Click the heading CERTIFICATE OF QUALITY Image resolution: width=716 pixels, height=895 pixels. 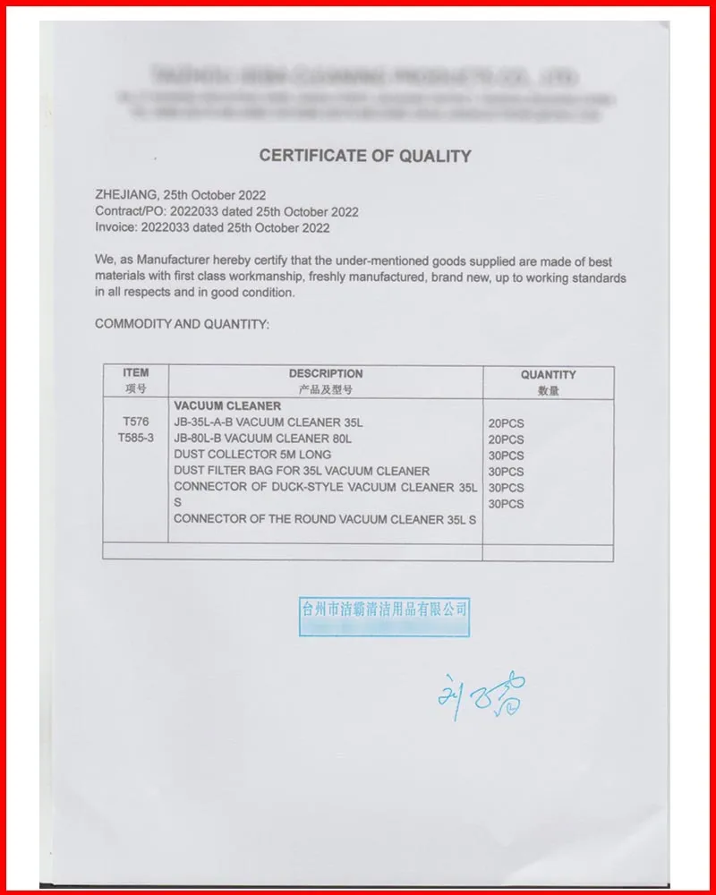click(364, 156)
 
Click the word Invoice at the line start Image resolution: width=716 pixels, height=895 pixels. click(115, 228)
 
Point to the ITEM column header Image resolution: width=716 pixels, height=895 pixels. click(136, 373)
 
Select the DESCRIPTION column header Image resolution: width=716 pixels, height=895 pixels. click(326, 374)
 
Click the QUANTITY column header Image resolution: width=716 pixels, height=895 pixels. click(548, 375)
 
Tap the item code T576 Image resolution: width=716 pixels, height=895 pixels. click(136, 422)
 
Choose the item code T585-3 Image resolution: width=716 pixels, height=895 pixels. click(136, 439)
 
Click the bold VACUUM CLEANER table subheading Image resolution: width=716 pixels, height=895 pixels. click(227, 406)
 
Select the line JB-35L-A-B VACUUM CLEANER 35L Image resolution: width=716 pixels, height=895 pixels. click(268, 422)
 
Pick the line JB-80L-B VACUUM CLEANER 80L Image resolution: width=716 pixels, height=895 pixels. click(263, 439)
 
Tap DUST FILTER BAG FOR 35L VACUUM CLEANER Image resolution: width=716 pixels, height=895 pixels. click(302, 471)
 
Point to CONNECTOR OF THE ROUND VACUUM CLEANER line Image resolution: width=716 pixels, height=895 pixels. click(324, 519)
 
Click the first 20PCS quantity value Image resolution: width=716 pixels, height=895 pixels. click(506, 423)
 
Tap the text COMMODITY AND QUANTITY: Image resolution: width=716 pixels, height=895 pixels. click(182, 324)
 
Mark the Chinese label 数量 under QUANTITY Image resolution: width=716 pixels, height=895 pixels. click(548, 390)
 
